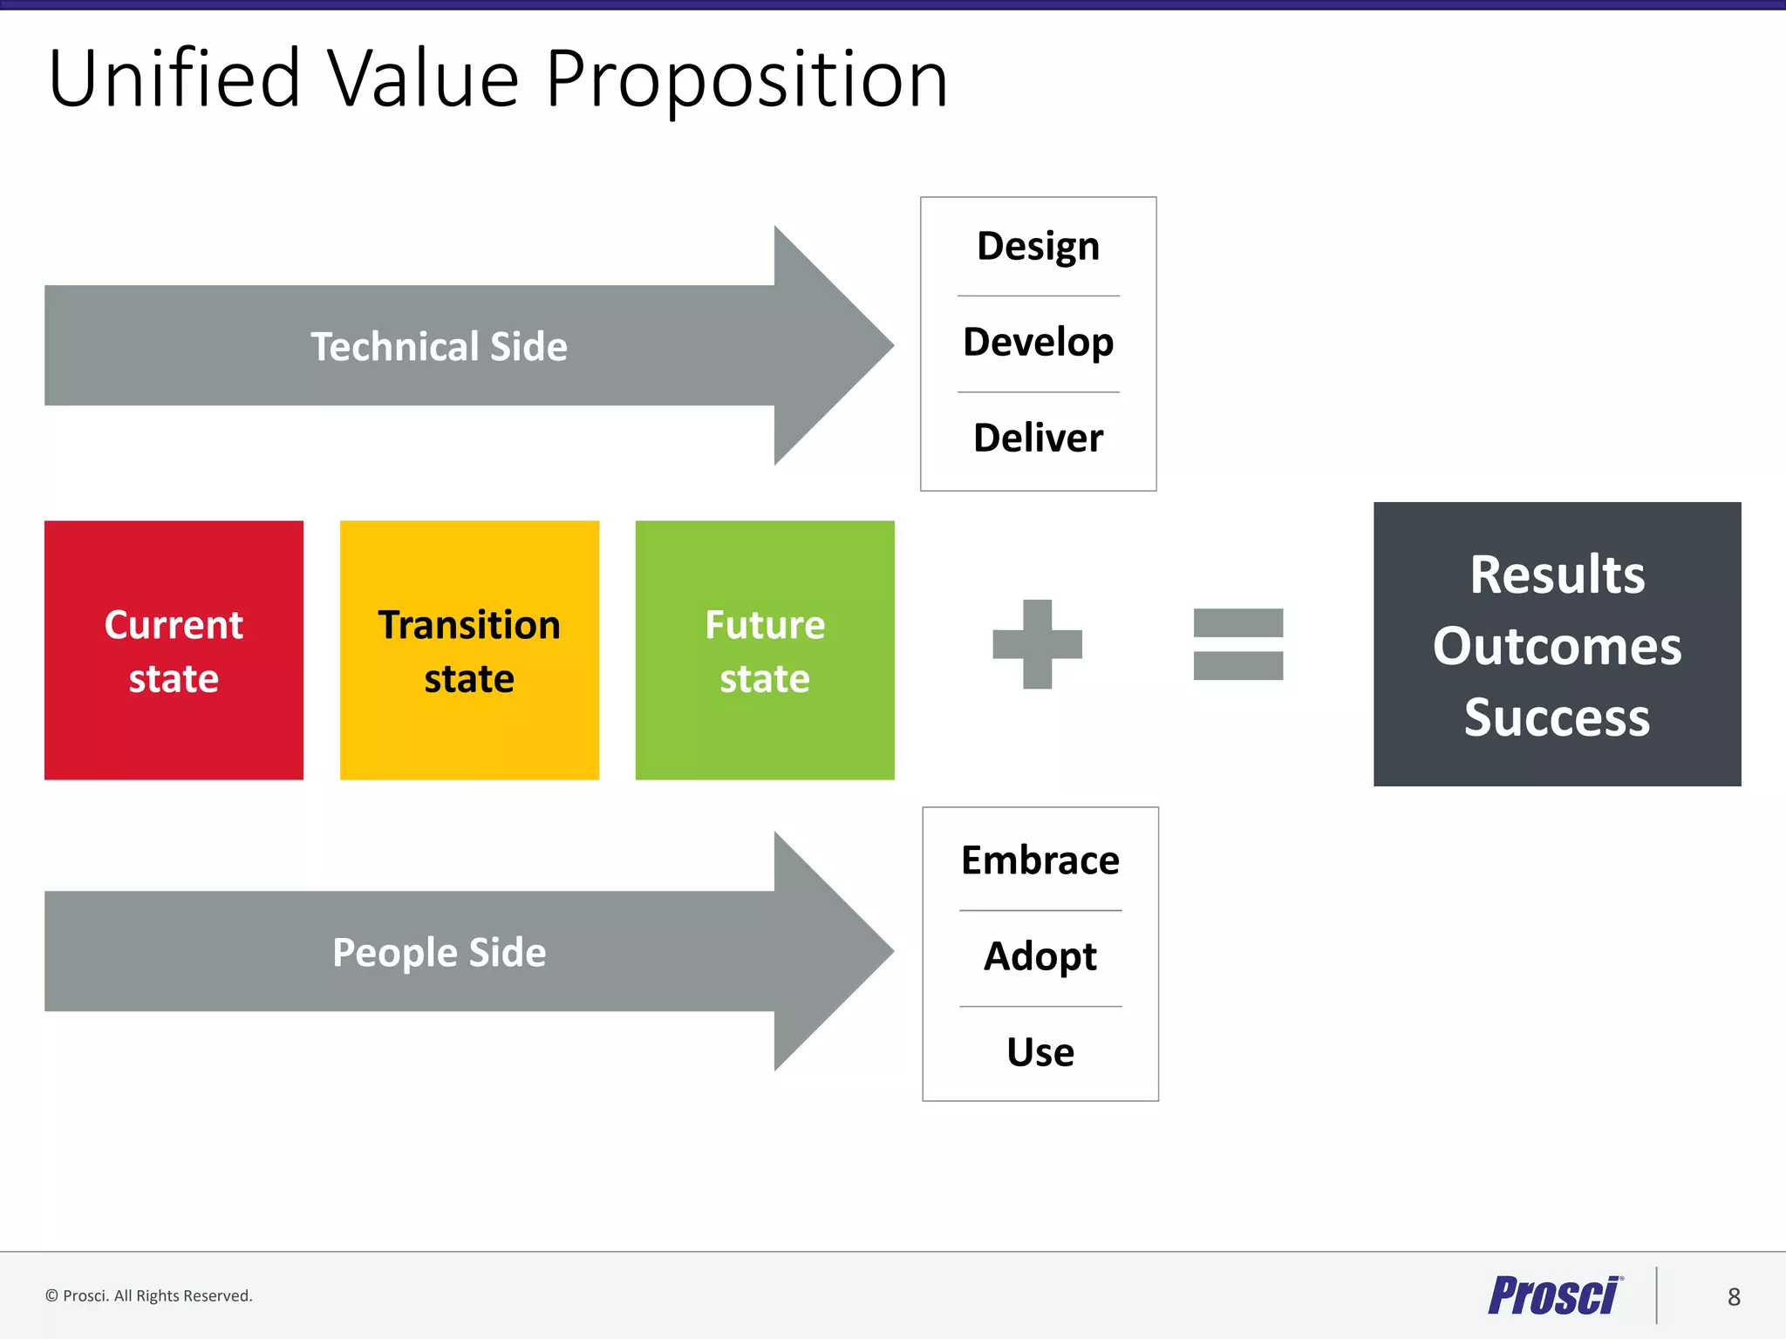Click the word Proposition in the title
pos(746,80)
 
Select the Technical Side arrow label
pos(439,346)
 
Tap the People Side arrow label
pos(439,952)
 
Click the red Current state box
pos(174,650)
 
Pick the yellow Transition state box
pos(469,650)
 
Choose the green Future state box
pos(765,650)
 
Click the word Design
pos(1038,247)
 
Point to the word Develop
pos(1038,343)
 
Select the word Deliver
pos(1038,438)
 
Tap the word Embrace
pos(1040,860)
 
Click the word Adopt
pos(1040,956)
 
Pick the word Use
pos(1040,1052)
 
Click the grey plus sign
pos(1037,644)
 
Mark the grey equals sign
pos(1237,644)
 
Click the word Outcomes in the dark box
pos(1557,646)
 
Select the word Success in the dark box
pos(1557,717)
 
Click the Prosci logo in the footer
pos(1554,1295)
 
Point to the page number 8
pos(1734,1297)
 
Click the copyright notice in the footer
pos(149,1295)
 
